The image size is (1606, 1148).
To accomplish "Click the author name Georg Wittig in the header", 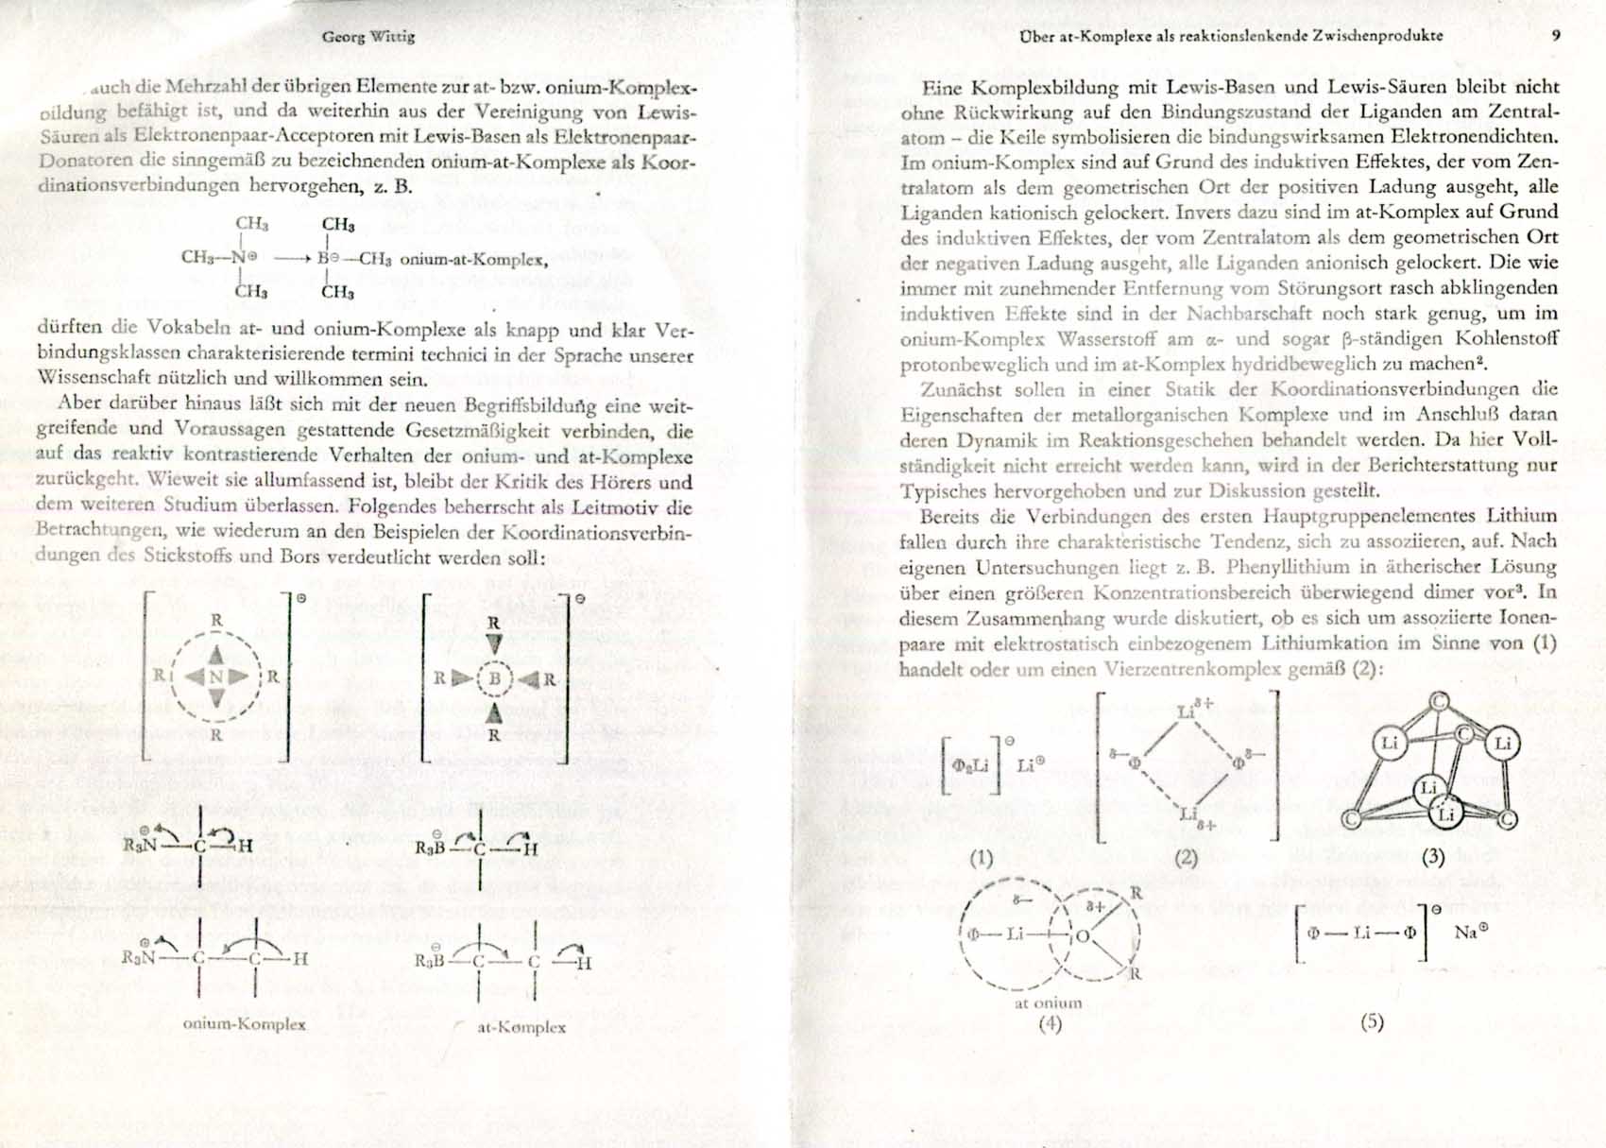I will [367, 37].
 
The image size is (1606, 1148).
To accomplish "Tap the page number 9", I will [1556, 36].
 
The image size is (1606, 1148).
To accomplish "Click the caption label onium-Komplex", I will [244, 1024].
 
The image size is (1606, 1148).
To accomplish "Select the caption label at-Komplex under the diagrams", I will [521, 1027].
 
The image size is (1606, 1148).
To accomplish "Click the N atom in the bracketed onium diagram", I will [216, 677].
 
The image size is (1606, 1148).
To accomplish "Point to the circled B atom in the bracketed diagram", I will [493, 677].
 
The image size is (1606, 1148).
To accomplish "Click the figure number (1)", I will [982, 857].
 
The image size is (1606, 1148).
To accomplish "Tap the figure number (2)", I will [1186, 858].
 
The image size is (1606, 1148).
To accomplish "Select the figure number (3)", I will [1433, 857].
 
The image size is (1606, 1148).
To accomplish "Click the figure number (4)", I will [1049, 1022].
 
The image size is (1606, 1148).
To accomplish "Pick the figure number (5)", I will [1372, 1021].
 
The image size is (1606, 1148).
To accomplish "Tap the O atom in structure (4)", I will [1083, 936].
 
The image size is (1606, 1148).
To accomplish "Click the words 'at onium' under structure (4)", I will [1048, 1002].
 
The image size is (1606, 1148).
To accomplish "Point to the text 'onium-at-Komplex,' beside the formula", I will [474, 259].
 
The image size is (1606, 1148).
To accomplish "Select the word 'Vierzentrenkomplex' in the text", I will [1209, 669].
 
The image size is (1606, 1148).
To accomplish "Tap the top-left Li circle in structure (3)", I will [1390, 743].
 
